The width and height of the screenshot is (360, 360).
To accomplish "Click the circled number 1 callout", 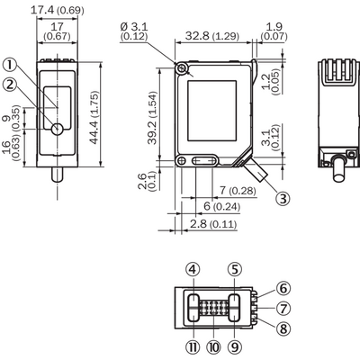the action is click(11, 65).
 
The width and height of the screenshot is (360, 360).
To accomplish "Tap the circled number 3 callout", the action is click(283, 198).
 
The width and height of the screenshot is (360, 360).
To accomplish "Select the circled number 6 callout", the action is click(283, 288).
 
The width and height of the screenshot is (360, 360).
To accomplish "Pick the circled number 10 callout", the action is click(213, 347).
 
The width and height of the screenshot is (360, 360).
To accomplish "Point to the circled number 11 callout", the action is click(193, 347).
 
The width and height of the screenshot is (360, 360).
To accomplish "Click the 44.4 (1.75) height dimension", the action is click(94, 118).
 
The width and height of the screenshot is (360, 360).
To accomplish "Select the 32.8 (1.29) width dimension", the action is click(212, 36).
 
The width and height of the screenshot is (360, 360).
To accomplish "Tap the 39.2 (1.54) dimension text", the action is click(152, 118).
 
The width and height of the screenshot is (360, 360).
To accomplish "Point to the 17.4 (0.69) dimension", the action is click(58, 10).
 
